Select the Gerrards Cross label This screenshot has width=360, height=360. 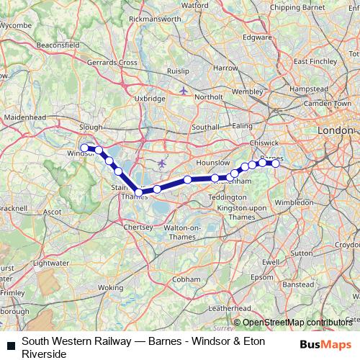[114, 63]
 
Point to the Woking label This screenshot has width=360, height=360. [110, 287]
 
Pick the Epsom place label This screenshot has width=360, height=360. [262, 277]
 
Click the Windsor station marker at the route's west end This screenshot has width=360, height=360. [85, 148]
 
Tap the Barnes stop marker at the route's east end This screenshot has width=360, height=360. [275, 163]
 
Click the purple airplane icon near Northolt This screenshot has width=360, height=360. [186, 91]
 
